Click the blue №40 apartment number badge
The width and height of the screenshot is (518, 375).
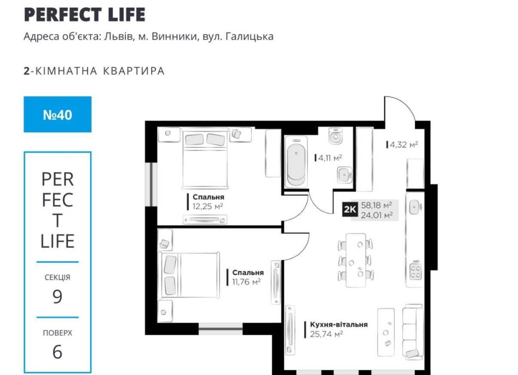57,114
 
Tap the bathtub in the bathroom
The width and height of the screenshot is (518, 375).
296,162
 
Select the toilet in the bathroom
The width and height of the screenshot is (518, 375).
335,136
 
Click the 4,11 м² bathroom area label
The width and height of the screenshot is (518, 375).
328,158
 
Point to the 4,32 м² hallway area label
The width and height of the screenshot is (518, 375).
402,144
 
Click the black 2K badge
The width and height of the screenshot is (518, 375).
350,209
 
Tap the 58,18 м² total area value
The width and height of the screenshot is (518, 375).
376,205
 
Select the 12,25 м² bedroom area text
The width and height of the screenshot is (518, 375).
208,206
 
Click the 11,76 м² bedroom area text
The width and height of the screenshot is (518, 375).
246,282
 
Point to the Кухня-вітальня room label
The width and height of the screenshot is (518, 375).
339,324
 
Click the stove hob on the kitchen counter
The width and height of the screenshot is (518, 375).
415,271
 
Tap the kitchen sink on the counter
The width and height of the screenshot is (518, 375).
415,207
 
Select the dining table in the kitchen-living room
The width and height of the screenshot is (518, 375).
355,260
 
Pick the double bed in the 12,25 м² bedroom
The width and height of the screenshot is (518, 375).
206,159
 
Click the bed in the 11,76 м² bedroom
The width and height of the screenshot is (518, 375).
189,275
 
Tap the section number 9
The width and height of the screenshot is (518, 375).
57,296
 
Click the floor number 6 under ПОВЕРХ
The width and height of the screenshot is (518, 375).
57,352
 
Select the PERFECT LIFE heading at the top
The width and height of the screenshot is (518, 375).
84,14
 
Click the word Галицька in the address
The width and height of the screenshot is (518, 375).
250,36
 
